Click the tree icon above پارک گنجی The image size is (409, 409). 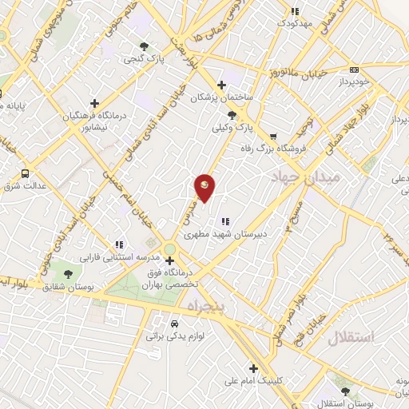[144, 46]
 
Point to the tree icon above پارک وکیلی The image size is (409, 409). [232, 115]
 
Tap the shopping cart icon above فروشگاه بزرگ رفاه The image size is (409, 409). [274, 136]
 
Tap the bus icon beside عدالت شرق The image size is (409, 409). [26, 173]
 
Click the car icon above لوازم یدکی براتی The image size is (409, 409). [174, 324]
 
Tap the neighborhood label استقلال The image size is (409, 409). [351, 338]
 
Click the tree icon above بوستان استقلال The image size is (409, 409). [346, 392]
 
